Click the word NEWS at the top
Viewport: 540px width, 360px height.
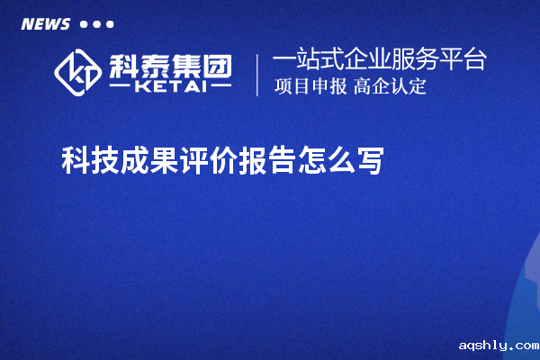pyautogui.click(x=46, y=23)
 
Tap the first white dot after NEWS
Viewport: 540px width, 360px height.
pyautogui.click(x=84, y=23)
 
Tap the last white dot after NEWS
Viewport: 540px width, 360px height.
pyautogui.click(x=110, y=23)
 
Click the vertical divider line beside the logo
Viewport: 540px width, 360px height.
pyautogui.click(x=258, y=75)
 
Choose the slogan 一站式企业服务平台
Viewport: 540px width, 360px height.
pyautogui.click(x=379, y=60)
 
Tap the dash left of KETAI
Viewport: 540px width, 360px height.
pyautogui.click(x=122, y=87)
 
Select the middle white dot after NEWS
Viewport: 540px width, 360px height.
pyautogui.click(x=96, y=23)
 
